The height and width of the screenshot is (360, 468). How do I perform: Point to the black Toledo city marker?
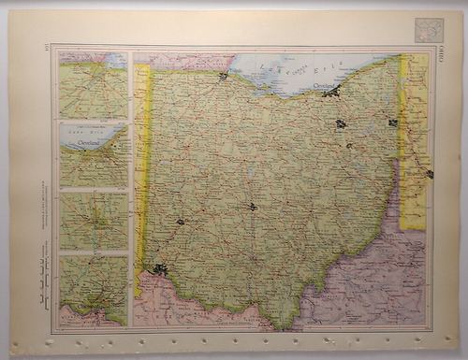[224, 77]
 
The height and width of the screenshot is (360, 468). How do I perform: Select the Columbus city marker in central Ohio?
[253, 207]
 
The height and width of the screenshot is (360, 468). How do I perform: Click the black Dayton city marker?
[180, 223]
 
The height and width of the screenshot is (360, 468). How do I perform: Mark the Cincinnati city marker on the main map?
[161, 270]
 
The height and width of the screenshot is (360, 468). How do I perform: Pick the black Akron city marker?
[341, 123]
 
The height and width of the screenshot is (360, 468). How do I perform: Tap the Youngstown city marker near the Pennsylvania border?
[392, 122]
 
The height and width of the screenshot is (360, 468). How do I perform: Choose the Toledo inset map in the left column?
[93, 85]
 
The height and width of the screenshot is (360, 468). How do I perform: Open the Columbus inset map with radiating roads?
[93, 222]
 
